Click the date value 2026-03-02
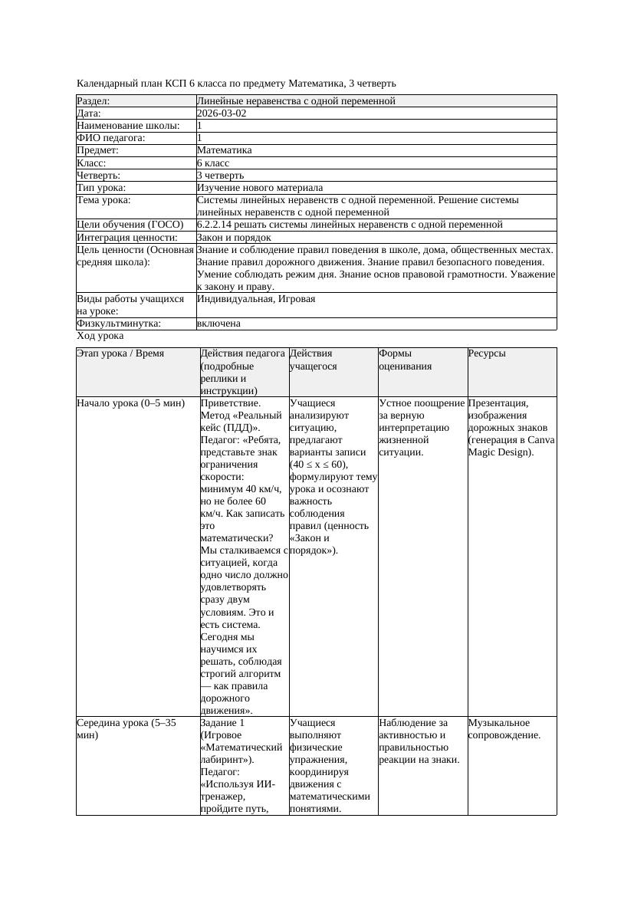point(222,113)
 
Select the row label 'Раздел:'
point(94,100)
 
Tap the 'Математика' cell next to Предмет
point(224,150)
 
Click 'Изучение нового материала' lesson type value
point(260,187)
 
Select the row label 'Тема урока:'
point(104,200)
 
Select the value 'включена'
point(218,324)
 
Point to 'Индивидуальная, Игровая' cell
point(256,299)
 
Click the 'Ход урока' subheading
point(100,336)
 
